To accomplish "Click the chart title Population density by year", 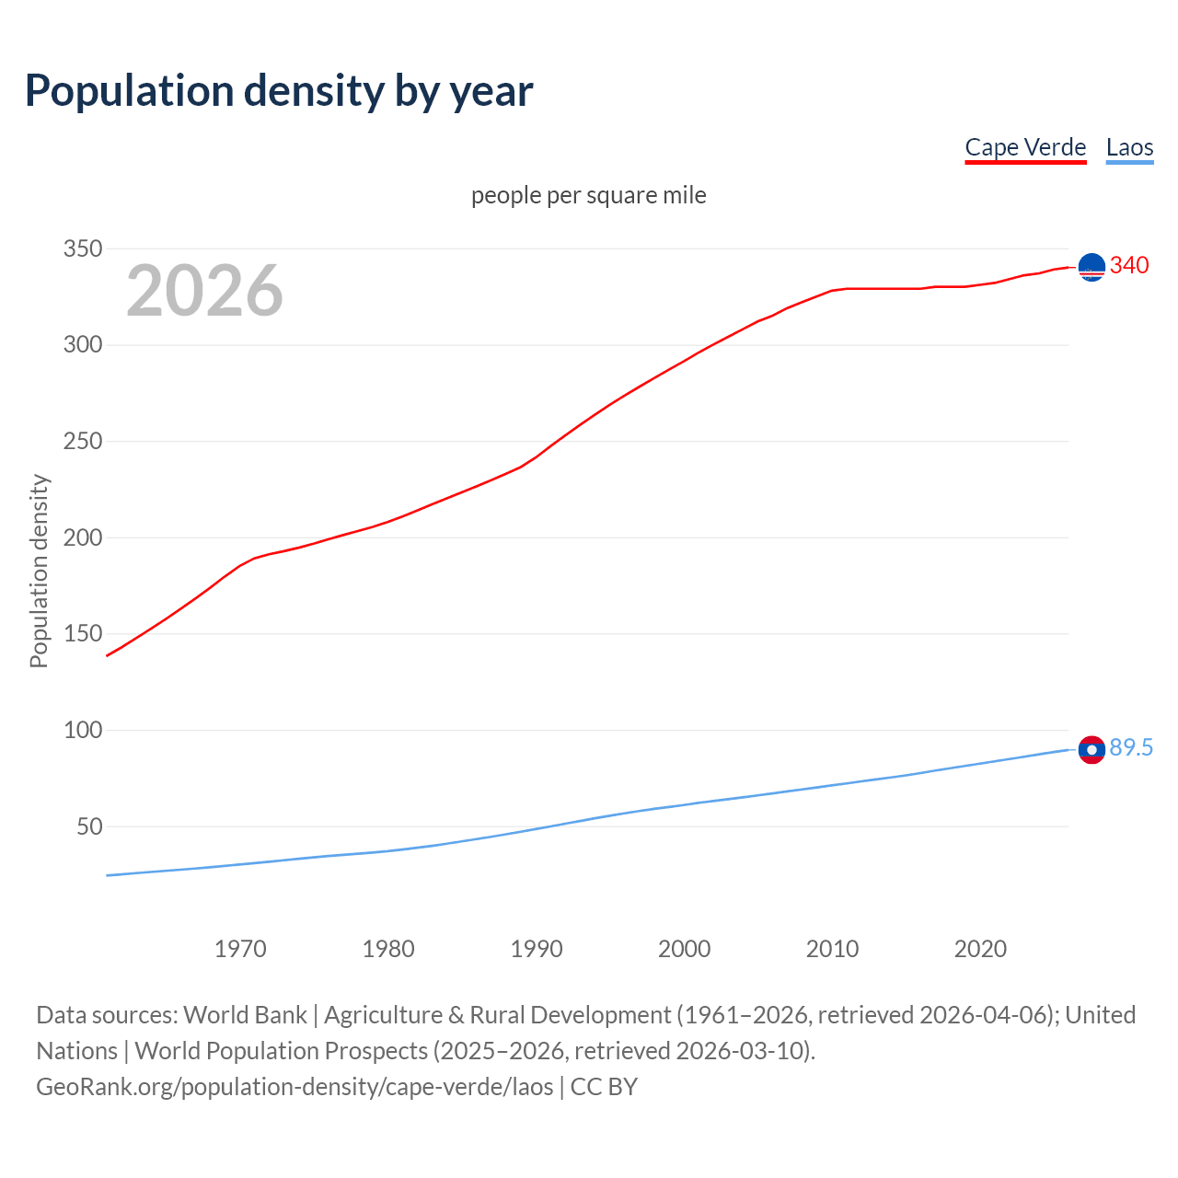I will (x=279, y=90).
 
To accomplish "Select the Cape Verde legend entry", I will (x=1025, y=147).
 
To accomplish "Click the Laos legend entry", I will (x=1129, y=147).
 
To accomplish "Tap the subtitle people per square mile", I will (x=589, y=195).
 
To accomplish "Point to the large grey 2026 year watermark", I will (x=204, y=291).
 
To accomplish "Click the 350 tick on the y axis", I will (x=82, y=248).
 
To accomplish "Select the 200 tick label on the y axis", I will (x=82, y=537).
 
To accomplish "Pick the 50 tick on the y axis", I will (x=89, y=826).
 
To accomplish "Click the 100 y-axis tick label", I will (x=82, y=730).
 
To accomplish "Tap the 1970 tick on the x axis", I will (x=240, y=949).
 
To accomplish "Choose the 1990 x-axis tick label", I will (x=537, y=949).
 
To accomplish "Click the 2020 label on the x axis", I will (x=980, y=949).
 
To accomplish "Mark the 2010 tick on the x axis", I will (x=832, y=949).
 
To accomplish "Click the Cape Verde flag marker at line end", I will (x=1091, y=267).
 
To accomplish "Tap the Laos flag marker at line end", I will (x=1091, y=750).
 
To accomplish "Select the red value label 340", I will (x=1129, y=265).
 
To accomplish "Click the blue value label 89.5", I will (x=1131, y=747).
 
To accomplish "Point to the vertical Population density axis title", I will (x=39, y=571).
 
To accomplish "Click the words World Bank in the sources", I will (x=245, y=1014).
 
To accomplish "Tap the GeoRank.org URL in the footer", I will (x=294, y=1086).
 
